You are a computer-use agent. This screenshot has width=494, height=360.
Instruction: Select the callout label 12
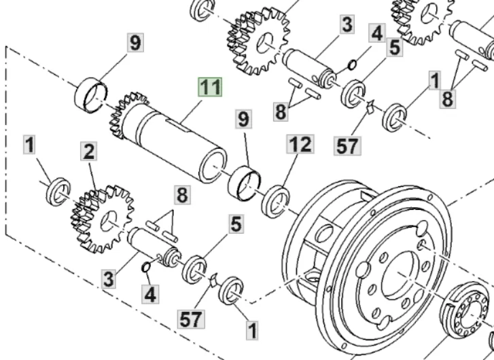point(300,143)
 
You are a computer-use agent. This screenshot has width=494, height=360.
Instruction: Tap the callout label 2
point(89,151)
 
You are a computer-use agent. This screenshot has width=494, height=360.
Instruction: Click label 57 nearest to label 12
point(347,146)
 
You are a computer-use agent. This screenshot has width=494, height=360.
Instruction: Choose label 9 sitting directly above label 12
point(244,120)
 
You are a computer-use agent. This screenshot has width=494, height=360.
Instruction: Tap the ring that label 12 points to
point(277,202)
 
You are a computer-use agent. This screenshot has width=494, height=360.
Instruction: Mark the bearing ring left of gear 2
point(58,192)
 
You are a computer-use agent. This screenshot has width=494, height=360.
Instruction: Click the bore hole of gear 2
point(108,221)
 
